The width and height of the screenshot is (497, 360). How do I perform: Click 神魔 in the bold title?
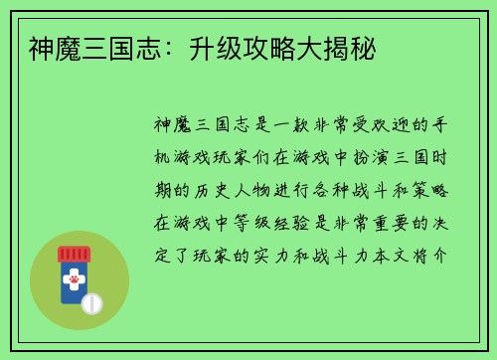click(43, 47)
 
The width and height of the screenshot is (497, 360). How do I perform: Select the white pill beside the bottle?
click(91, 302)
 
